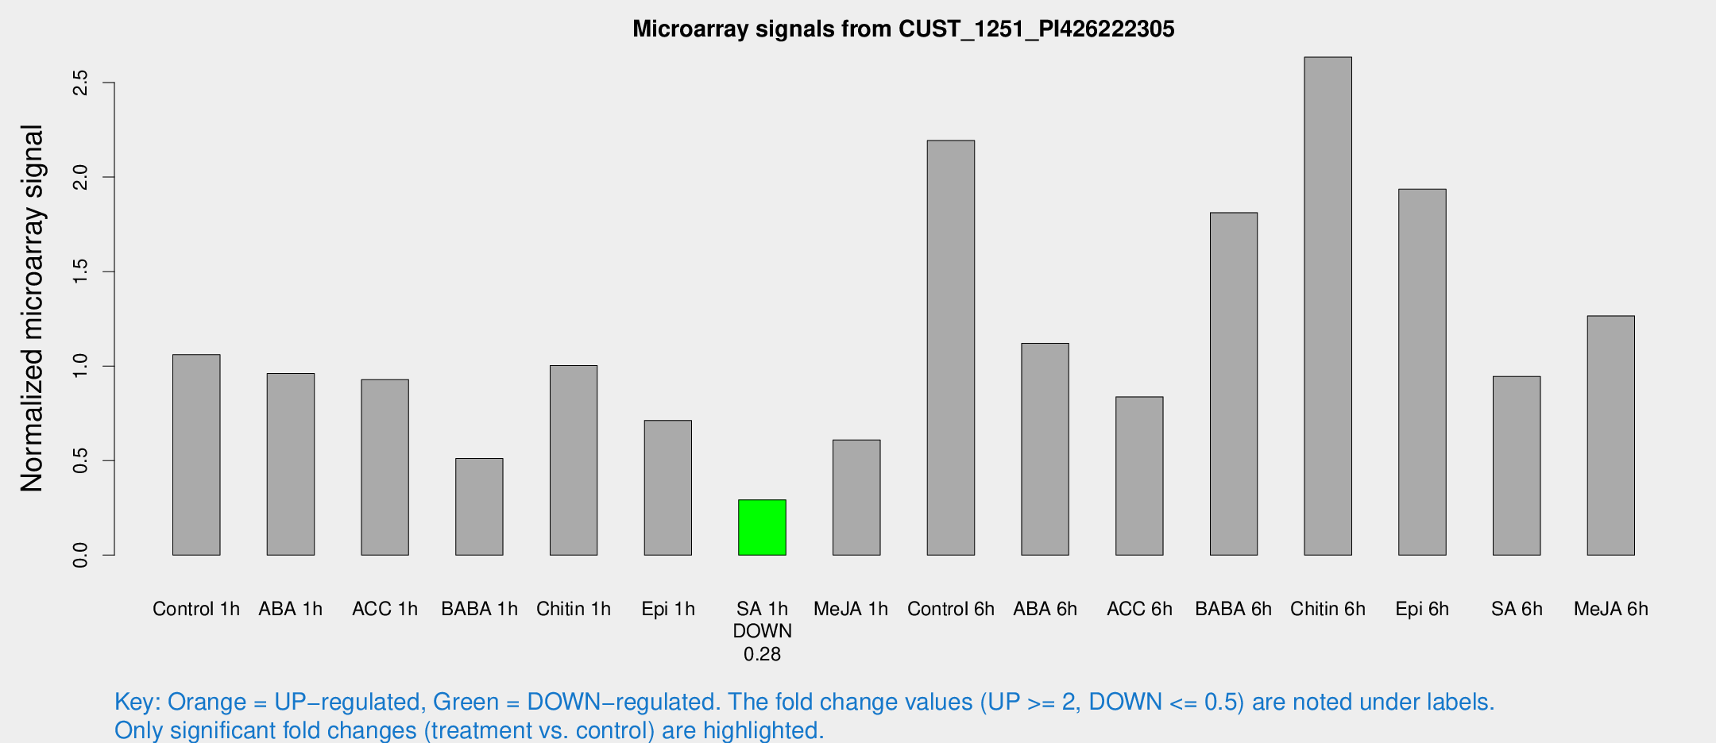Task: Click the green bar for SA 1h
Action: (x=762, y=527)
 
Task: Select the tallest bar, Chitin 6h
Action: (x=1328, y=306)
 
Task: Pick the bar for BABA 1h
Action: (x=479, y=506)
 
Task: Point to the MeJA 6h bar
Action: (x=1610, y=435)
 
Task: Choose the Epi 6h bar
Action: (x=1422, y=371)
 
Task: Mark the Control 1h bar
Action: (x=196, y=454)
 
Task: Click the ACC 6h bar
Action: (x=1139, y=475)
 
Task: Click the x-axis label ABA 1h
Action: (x=290, y=609)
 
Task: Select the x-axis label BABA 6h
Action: (x=1233, y=609)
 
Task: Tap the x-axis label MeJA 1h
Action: (x=851, y=609)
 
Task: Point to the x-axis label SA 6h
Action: (x=1517, y=609)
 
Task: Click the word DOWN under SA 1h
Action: (x=762, y=631)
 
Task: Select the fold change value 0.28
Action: (x=762, y=654)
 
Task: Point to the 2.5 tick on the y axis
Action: (x=80, y=83)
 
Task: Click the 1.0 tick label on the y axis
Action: (x=80, y=366)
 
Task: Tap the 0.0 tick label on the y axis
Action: (x=80, y=555)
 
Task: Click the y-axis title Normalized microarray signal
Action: (x=32, y=308)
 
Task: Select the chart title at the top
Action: (x=903, y=29)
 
